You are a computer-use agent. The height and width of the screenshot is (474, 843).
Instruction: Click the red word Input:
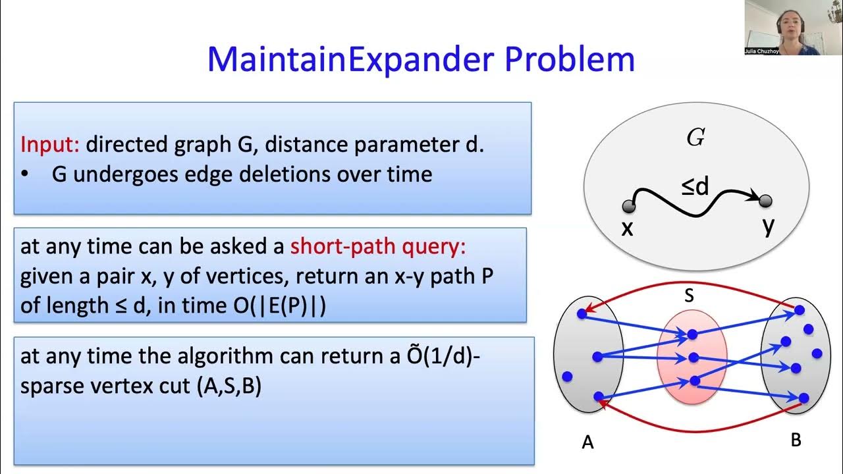tap(50, 144)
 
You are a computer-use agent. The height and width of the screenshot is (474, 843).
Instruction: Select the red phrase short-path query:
tap(378, 246)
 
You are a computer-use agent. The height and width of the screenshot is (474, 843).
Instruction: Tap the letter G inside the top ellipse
tap(695, 138)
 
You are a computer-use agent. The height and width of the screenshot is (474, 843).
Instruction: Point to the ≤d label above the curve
tap(695, 188)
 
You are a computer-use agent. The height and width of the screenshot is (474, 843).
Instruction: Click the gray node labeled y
tap(765, 201)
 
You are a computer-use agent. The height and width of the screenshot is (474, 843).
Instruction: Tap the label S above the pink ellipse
tap(689, 296)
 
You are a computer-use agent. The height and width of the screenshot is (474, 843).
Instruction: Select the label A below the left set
tap(587, 442)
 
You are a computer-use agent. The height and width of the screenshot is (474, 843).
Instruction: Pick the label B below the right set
tap(796, 440)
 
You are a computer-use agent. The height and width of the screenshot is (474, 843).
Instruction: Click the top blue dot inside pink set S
tap(692, 335)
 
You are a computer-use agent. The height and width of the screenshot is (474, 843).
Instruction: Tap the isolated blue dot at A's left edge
tap(567, 377)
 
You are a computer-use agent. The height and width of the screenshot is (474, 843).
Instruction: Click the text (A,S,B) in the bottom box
tap(229, 386)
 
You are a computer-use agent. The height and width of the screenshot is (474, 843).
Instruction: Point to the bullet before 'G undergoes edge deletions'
tap(25, 174)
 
